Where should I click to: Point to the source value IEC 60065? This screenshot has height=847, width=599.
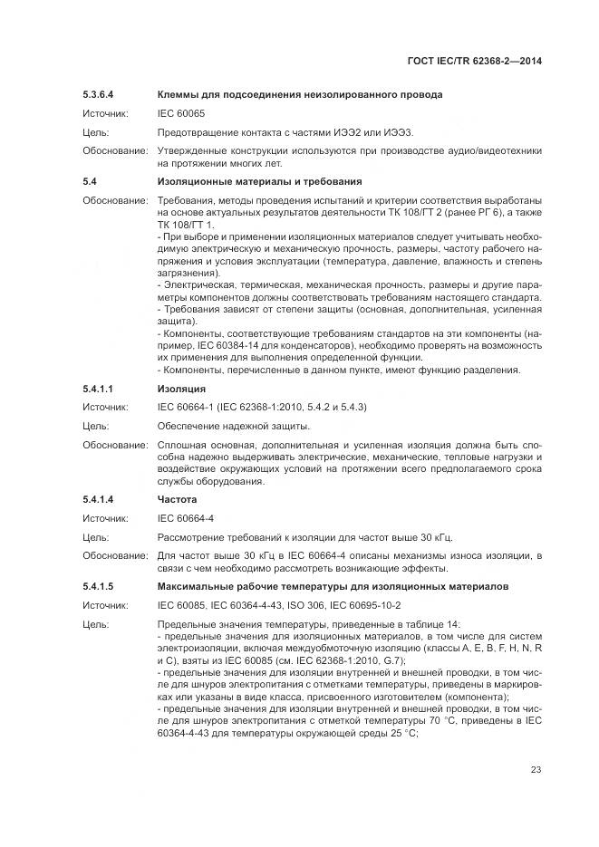click(182, 113)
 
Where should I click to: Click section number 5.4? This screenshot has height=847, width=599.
click(90, 181)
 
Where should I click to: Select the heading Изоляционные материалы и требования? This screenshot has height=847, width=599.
click(259, 181)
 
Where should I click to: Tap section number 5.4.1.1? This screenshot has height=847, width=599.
click(101, 389)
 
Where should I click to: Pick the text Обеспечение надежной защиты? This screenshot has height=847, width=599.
click(234, 426)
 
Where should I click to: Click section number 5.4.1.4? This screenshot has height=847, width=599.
click(101, 500)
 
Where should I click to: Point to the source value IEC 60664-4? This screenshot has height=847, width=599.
click(186, 519)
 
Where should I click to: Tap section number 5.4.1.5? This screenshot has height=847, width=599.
click(101, 587)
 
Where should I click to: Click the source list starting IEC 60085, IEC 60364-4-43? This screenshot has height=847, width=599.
click(279, 605)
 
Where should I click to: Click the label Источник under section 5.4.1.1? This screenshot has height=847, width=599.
click(105, 408)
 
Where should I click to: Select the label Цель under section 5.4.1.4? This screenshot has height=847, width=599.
click(95, 537)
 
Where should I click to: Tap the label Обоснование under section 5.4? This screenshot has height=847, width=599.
click(115, 200)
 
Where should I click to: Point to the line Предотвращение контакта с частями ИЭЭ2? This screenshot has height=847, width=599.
click(284, 132)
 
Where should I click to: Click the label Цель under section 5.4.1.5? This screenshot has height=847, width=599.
click(95, 624)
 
